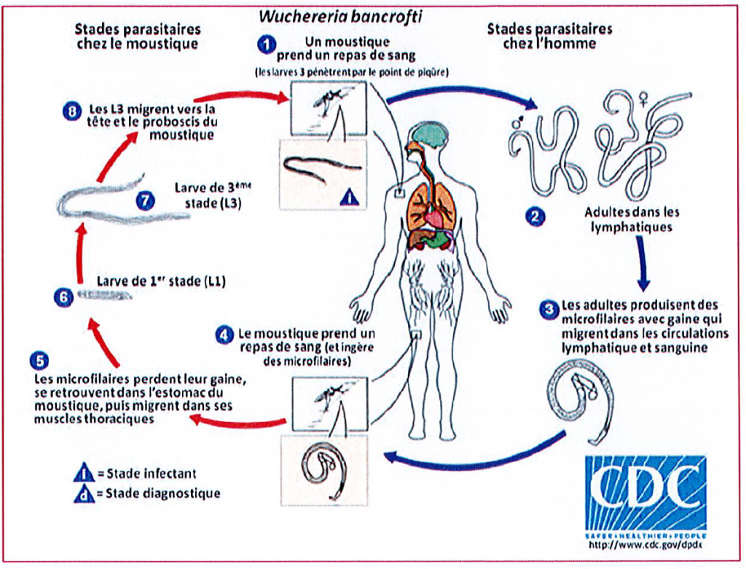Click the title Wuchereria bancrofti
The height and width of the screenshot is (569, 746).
372,15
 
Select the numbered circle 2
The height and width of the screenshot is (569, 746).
535,216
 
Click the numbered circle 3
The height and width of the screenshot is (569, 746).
549,308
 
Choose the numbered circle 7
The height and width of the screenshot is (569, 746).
146,200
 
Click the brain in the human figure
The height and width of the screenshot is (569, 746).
429,136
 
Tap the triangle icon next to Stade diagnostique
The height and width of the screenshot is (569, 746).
85,493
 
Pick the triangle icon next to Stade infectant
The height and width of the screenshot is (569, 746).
85,474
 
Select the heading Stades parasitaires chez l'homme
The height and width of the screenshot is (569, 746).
549,36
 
